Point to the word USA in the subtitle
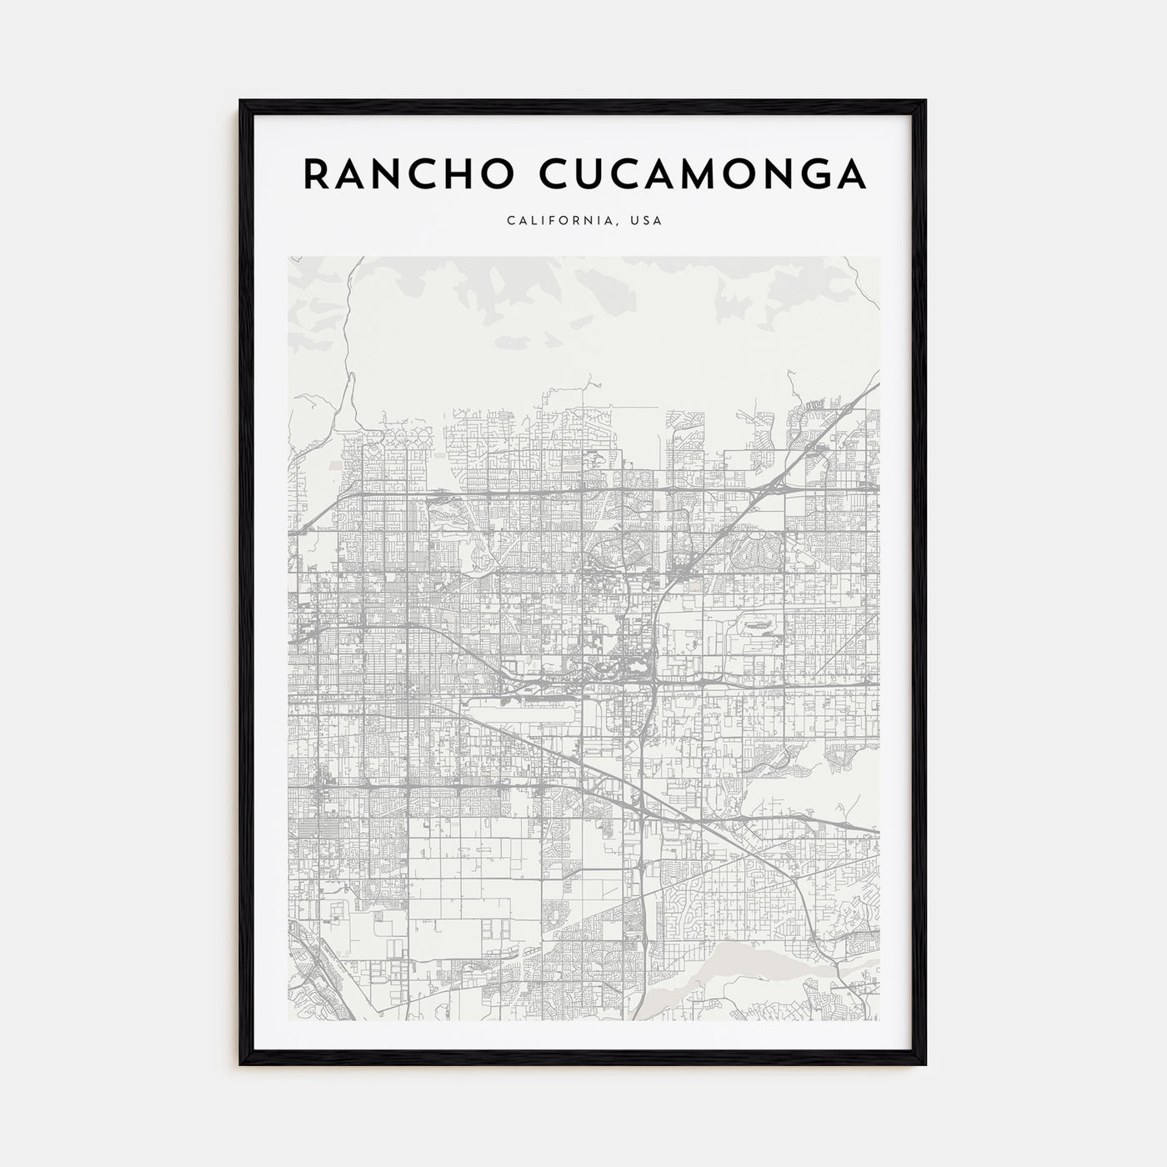click(x=648, y=222)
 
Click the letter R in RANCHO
click(x=314, y=173)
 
